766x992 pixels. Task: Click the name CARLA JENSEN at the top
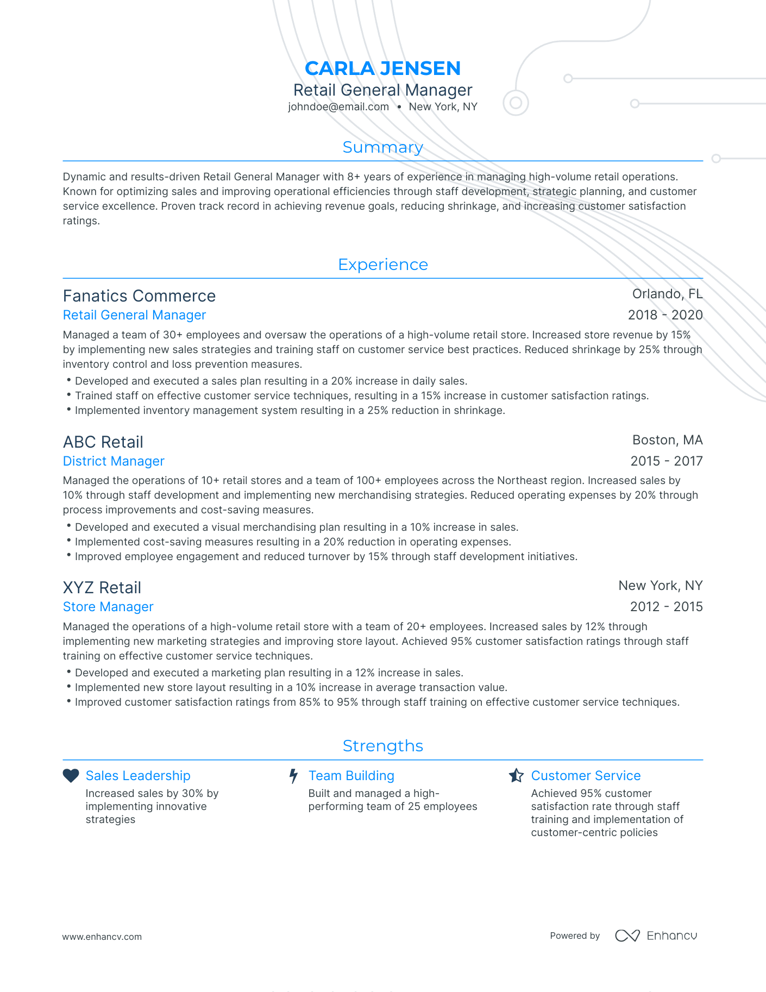382,68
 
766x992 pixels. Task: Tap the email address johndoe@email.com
338,107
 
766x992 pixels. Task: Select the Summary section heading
382,147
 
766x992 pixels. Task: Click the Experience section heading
382,265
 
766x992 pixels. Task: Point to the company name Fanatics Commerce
139,296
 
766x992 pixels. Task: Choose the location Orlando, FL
667,294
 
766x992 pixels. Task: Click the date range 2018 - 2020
665,315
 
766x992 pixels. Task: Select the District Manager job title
114,461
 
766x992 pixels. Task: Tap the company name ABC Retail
103,442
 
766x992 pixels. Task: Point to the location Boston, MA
667,440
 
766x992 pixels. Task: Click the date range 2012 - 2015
666,607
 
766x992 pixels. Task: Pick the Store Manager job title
108,607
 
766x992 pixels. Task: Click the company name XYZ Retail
102,588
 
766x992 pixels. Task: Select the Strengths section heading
382,746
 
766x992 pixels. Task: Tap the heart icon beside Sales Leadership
71,776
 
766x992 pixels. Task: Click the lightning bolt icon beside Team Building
293,776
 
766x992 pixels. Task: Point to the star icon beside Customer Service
516,776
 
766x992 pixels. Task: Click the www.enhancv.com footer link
102,937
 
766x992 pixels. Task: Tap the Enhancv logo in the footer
656,936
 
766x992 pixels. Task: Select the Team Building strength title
351,776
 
